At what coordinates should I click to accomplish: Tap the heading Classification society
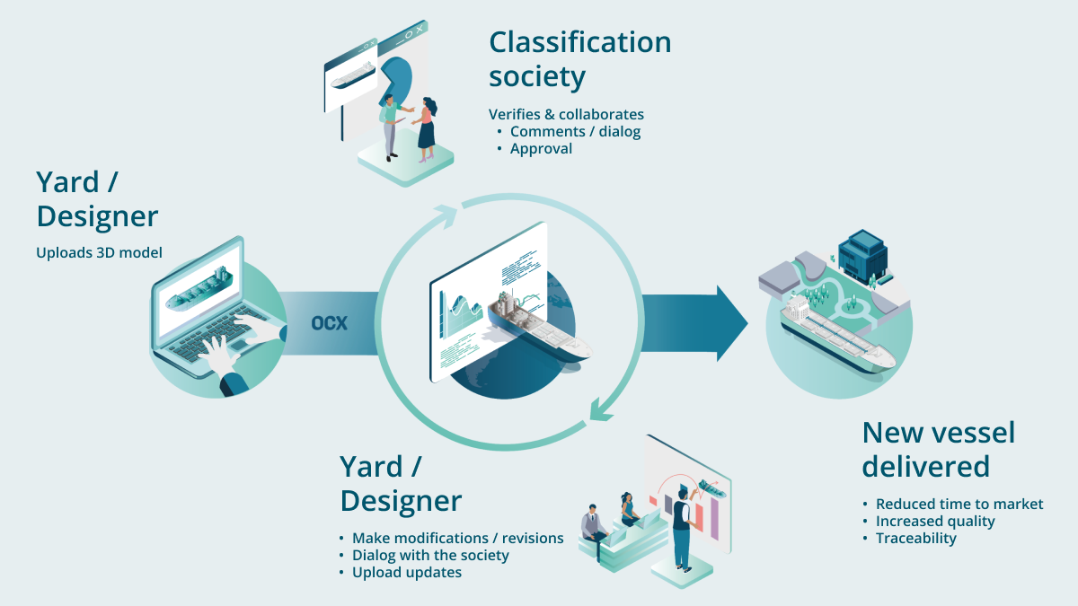579,58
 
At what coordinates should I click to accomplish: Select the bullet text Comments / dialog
575,131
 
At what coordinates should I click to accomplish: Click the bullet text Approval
541,148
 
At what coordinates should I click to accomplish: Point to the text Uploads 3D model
99,252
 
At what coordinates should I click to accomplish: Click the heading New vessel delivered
938,449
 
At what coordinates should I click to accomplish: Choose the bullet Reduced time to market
959,504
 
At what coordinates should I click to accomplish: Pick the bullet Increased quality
935,521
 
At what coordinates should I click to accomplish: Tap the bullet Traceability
915,538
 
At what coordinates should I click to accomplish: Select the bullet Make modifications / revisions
457,538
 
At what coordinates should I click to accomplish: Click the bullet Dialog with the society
430,555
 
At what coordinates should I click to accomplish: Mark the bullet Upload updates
407,572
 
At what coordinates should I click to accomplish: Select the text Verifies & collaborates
566,114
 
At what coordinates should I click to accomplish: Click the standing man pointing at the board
683,525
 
